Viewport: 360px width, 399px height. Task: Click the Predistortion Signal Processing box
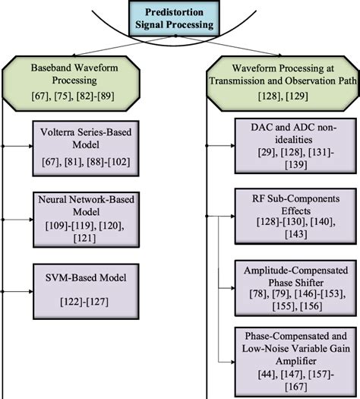click(x=181, y=17)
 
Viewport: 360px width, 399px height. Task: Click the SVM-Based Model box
click(x=85, y=285)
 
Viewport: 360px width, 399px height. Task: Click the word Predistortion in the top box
click(x=181, y=11)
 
